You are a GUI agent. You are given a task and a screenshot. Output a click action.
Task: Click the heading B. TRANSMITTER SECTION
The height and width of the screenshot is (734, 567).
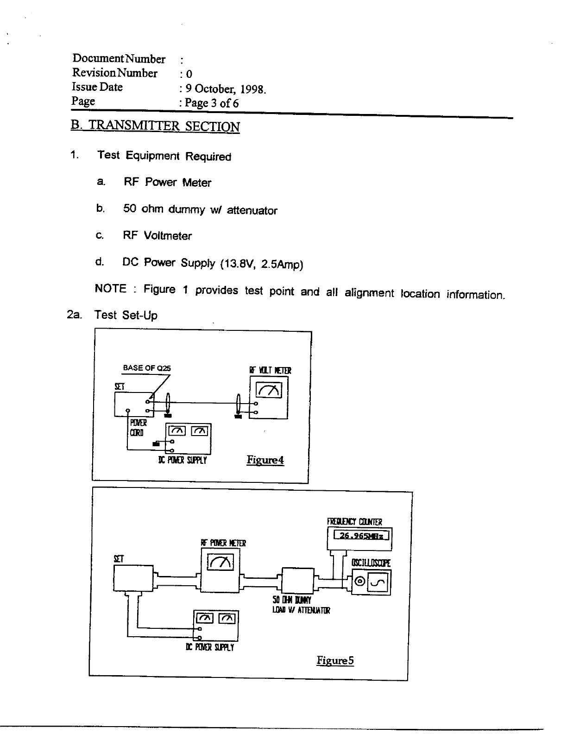point(155,127)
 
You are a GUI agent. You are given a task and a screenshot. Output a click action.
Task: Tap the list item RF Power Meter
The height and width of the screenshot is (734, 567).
point(167,183)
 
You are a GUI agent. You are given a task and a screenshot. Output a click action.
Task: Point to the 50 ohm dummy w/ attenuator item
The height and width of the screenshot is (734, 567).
point(200,210)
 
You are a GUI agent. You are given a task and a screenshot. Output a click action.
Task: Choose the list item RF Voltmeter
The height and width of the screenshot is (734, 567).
point(157,236)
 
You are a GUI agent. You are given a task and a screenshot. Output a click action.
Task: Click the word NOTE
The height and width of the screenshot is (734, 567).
point(111,289)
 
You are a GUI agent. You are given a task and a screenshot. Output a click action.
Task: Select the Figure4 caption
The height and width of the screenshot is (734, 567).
point(265,460)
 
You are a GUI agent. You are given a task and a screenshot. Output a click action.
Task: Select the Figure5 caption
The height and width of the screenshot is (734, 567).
point(335,660)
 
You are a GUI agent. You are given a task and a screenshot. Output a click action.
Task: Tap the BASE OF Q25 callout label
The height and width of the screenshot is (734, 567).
point(146,368)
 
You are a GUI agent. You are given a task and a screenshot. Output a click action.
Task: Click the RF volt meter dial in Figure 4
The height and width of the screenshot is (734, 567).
point(269,392)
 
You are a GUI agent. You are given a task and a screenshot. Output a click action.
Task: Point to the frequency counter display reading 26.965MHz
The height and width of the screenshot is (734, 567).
point(359,536)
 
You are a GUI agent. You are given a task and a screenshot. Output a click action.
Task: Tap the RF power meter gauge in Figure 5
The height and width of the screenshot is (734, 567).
point(220,562)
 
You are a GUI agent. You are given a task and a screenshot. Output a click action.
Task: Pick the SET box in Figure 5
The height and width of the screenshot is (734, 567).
point(133,578)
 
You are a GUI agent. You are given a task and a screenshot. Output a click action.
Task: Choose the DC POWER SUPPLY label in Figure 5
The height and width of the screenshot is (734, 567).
point(209,647)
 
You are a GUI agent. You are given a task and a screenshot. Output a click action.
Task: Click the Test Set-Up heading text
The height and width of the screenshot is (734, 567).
point(126,316)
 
